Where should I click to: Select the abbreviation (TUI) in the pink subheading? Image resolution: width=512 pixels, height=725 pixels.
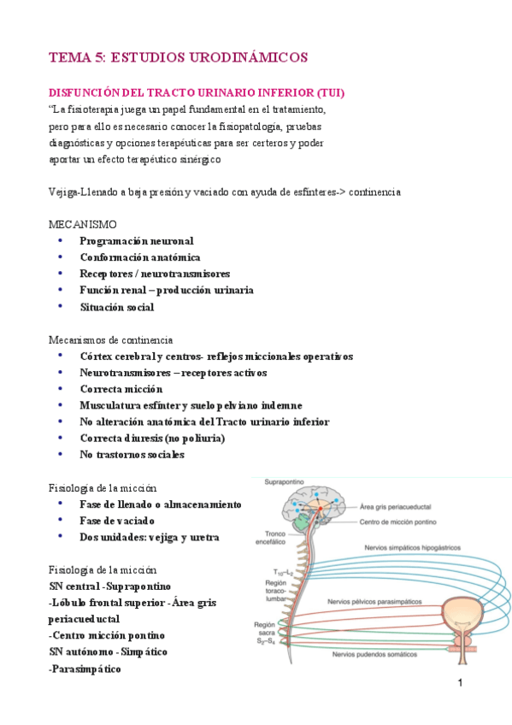click(x=329, y=92)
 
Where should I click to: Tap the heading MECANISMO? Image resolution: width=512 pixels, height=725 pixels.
click(x=82, y=224)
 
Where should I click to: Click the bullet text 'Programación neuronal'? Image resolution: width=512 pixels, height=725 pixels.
click(x=137, y=241)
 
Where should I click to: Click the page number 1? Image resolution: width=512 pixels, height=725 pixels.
click(x=460, y=683)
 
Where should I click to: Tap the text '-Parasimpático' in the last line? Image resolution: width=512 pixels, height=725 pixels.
click(x=85, y=669)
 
